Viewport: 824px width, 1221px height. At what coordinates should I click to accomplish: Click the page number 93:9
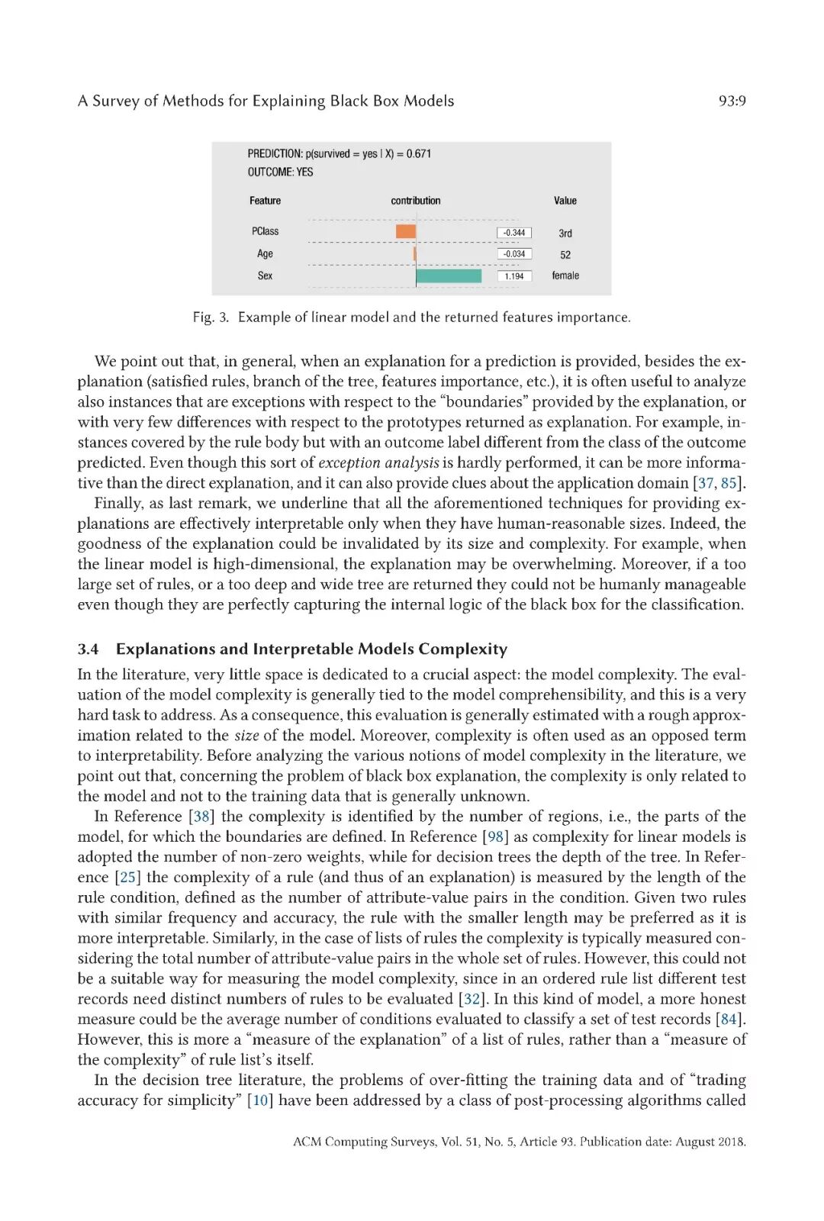click(732, 101)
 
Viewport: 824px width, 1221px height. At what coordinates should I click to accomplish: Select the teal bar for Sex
click(449, 275)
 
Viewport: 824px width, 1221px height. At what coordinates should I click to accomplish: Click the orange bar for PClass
click(406, 231)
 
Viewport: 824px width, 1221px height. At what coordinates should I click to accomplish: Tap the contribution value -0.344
click(514, 233)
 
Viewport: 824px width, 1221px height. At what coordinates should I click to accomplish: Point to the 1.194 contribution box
click(514, 276)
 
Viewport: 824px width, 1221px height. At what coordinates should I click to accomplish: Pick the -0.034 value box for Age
click(514, 254)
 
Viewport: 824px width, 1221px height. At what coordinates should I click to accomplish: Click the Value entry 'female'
click(565, 275)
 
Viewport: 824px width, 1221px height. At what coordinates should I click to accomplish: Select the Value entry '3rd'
click(565, 234)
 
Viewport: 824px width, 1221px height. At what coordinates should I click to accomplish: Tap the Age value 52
click(565, 255)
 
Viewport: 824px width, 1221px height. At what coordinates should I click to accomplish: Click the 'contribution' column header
click(416, 201)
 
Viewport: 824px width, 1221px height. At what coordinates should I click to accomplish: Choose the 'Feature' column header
click(265, 201)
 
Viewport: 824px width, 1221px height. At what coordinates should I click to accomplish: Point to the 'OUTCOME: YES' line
click(280, 172)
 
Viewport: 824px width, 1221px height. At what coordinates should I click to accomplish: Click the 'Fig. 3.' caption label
click(211, 317)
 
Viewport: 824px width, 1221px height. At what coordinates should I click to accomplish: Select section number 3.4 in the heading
click(88, 649)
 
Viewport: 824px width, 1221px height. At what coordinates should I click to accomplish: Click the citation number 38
click(202, 817)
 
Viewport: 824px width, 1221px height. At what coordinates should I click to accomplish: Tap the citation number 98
click(496, 837)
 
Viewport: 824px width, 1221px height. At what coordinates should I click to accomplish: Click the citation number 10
click(261, 1100)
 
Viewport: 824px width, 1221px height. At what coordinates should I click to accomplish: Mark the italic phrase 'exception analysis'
click(378, 462)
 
